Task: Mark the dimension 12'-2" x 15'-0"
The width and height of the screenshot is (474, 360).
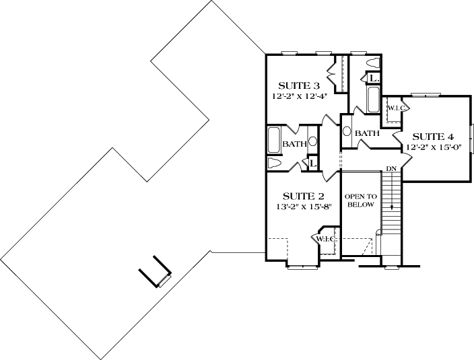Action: pos(432,146)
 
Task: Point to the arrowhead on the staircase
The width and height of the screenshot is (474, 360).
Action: pos(391,207)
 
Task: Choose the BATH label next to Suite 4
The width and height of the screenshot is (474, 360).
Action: pos(367,133)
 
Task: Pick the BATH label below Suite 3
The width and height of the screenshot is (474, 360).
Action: pos(294,144)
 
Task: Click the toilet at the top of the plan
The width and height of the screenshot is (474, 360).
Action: pos(372,62)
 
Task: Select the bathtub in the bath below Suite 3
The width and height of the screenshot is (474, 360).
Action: pos(274,141)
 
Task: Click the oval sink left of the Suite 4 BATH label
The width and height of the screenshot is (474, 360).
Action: pos(347,132)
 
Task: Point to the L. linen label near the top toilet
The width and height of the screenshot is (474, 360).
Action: pos(372,79)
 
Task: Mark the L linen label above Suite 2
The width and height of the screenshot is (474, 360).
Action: pos(312,163)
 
